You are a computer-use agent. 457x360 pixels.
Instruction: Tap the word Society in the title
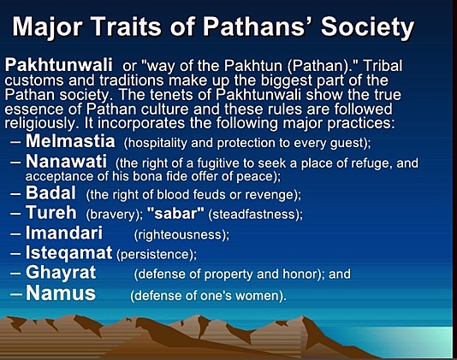point(367,27)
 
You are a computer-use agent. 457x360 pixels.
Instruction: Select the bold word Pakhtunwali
point(58,65)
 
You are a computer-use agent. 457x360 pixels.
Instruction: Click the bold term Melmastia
point(70,141)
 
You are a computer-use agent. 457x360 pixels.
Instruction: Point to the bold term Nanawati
point(66,162)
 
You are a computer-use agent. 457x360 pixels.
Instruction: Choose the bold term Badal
point(50,192)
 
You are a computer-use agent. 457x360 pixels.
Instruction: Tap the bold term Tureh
point(51,212)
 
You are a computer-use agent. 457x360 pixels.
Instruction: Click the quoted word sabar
point(175,214)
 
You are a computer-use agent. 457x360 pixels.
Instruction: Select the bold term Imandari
point(64,233)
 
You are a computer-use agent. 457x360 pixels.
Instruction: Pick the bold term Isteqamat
point(68,253)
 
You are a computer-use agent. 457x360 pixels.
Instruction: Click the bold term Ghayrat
point(61,273)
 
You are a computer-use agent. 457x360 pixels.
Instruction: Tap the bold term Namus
point(61,293)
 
